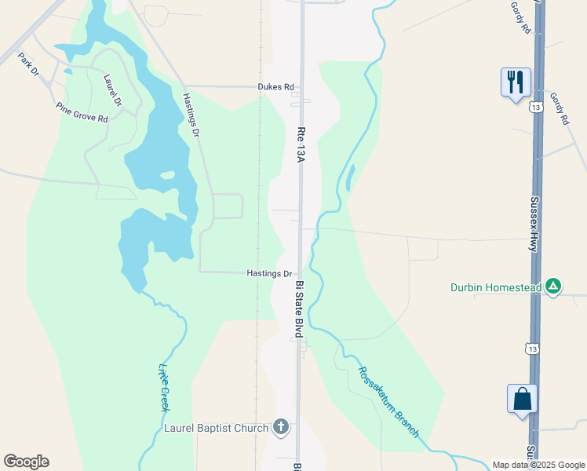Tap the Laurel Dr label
pyautogui.click(x=114, y=89)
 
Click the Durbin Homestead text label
pyautogui.click(x=496, y=287)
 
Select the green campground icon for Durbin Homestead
pyautogui.click(x=554, y=287)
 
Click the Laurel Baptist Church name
pyautogui.click(x=217, y=428)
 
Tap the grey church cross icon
pyautogui.click(x=281, y=428)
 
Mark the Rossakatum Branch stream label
pyautogui.click(x=388, y=402)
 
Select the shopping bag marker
pyautogui.click(x=522, y=399)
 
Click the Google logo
pyautogui.click(x=26, y=462)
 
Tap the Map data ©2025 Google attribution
pyautogui.click(x=538, y=465)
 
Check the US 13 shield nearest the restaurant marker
pyautogui.click(x=534, y=107)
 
